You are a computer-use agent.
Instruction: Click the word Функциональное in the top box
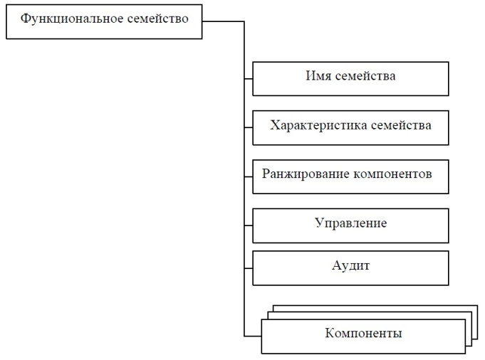pos(72,18)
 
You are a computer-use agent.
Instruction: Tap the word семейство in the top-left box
pos(157,18)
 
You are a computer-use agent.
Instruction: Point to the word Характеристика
pos(318,125)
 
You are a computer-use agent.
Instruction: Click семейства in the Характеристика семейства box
pos(401,125)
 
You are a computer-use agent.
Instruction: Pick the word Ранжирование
pos(306,174)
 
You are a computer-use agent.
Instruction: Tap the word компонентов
pos(392,174)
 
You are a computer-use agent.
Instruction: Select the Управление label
pos(351,223)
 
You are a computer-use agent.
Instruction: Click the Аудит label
pos(351,265)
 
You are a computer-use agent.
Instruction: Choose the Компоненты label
pos(363,333)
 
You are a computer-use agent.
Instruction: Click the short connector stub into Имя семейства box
pos(249,79)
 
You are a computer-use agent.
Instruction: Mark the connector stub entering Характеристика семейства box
pos(249,127)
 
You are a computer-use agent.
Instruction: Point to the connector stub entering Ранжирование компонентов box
pos(249,176)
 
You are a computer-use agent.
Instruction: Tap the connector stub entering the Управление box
pos(249,226)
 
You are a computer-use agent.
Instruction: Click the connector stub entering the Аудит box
pos(249,268)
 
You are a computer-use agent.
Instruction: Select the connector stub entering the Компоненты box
pos(253,336)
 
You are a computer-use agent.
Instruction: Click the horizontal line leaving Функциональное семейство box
pos(223,21)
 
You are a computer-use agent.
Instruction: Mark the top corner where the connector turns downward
pos(244,21)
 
